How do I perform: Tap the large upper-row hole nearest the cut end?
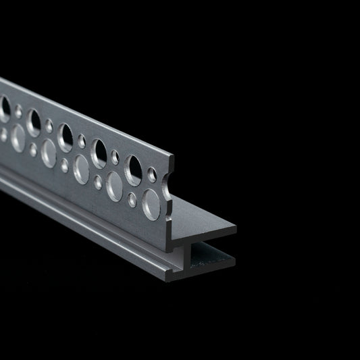click(x=133, y=170)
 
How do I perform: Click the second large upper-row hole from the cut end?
click(x=99, y=153)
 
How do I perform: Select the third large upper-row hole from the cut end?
click(x=66, y=137)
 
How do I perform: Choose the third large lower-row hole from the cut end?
click(x=81, y=168)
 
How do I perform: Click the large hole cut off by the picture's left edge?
click(x=3, y=109)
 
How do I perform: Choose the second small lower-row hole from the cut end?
click(x=99, y=180)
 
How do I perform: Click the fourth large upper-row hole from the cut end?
click(x=34, y=122)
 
